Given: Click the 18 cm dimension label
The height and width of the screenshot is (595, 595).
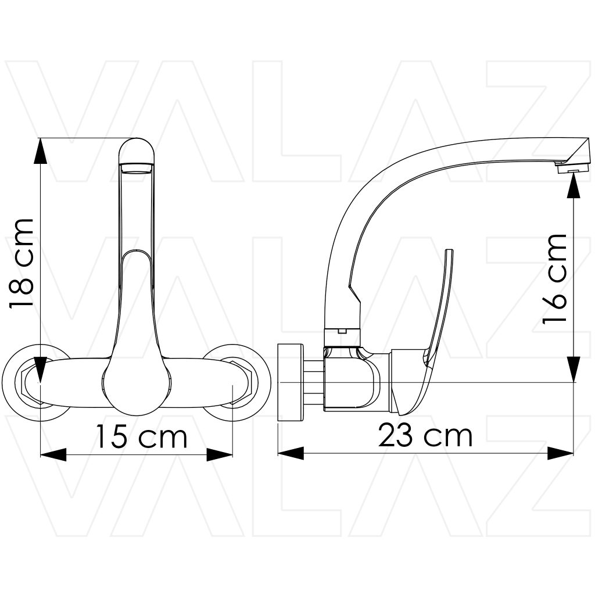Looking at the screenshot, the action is [21, 263].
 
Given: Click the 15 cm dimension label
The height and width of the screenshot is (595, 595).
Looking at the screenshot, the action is [142, 437].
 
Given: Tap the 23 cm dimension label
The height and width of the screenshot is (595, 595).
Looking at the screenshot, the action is [425, 436].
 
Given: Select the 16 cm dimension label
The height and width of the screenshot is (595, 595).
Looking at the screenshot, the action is [554, 279].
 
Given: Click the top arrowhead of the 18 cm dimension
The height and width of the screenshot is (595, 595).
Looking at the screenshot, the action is [40, 151].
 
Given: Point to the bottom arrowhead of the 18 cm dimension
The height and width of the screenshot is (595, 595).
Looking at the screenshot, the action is [40, 370].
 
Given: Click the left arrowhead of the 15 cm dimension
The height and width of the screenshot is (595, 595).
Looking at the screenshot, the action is [53, 454].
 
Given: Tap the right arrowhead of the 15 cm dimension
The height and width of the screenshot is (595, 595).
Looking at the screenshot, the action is [219, 454].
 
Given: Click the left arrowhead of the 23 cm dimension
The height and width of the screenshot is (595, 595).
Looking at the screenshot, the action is [291, 453].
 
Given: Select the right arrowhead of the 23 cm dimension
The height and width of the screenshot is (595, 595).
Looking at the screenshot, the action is [560, 453].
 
